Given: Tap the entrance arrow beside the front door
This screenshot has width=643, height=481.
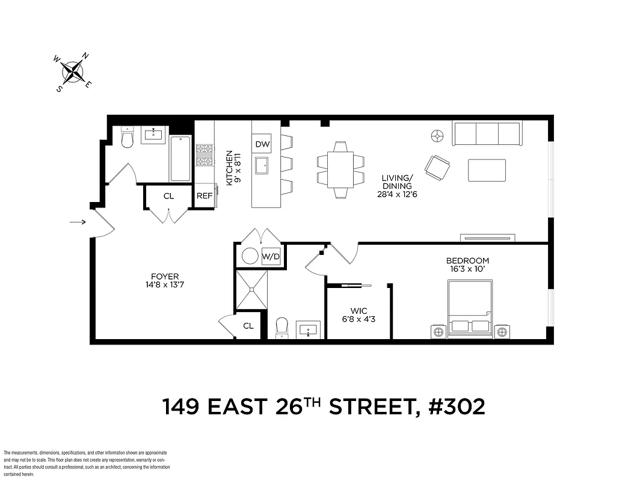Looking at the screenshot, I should pos(77,222).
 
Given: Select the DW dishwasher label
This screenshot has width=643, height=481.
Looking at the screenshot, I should pos(262,144).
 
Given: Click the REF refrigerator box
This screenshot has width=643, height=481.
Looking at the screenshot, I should pos(205,196).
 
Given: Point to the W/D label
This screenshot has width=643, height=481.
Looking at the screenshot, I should pos(271,257).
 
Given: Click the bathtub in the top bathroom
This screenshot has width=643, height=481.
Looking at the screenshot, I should pos(180,159).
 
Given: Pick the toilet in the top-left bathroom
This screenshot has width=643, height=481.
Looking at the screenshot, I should pos(127,139).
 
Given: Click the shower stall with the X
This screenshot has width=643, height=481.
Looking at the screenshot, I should pos(251,290).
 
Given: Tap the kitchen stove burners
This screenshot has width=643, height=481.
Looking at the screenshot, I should pos(205,155).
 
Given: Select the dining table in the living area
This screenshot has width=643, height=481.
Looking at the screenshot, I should pos(340,169).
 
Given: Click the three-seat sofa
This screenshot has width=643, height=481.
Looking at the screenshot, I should pos(487,133).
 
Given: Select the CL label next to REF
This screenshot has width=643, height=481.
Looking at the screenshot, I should pos(169,196).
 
